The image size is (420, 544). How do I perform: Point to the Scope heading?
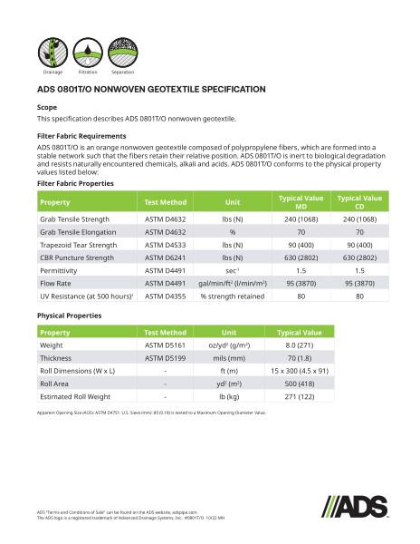click(x=47, y=107)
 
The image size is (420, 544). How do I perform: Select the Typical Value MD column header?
click(x=301, y=201)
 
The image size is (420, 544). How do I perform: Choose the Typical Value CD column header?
click(x=359, y=201)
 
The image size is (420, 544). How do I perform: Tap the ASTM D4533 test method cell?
click(x=166, y=245)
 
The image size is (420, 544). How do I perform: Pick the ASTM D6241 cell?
click(x=166, y=257)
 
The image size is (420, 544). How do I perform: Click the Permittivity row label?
click(x=61, y=270)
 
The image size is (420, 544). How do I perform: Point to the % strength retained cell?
click(x=233, y=296)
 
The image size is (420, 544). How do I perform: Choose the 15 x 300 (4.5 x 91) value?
click(x=301, y=371)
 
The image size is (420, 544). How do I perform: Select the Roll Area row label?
click(x=56, y=384)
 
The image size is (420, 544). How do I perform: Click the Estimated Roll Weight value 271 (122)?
click(x=301, y=396)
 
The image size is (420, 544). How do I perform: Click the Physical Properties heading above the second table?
click(x=69, y=316)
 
